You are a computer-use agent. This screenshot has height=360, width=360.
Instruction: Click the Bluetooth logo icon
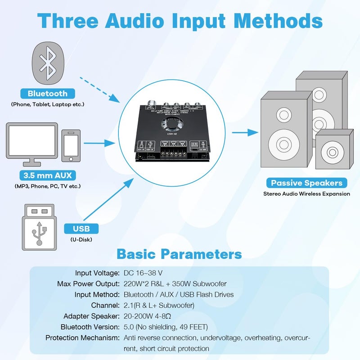click(47, 63)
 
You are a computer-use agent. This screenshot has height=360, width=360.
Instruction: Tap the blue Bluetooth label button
click(47, 94)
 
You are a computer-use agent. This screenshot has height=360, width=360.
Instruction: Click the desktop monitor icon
click(32, 142)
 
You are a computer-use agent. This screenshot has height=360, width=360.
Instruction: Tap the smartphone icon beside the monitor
click(71, 146)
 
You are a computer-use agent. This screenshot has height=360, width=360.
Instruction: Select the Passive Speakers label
click(306, 183)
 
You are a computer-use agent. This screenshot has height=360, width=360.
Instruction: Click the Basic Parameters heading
click(179, 254)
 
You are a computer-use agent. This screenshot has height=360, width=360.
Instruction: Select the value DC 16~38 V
click(143, 273)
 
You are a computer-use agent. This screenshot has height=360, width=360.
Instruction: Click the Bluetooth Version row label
click(90, 327)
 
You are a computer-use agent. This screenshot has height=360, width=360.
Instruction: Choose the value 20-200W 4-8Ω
click(149, 316)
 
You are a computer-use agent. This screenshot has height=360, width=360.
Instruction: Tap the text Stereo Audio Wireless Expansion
click(306, 194)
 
